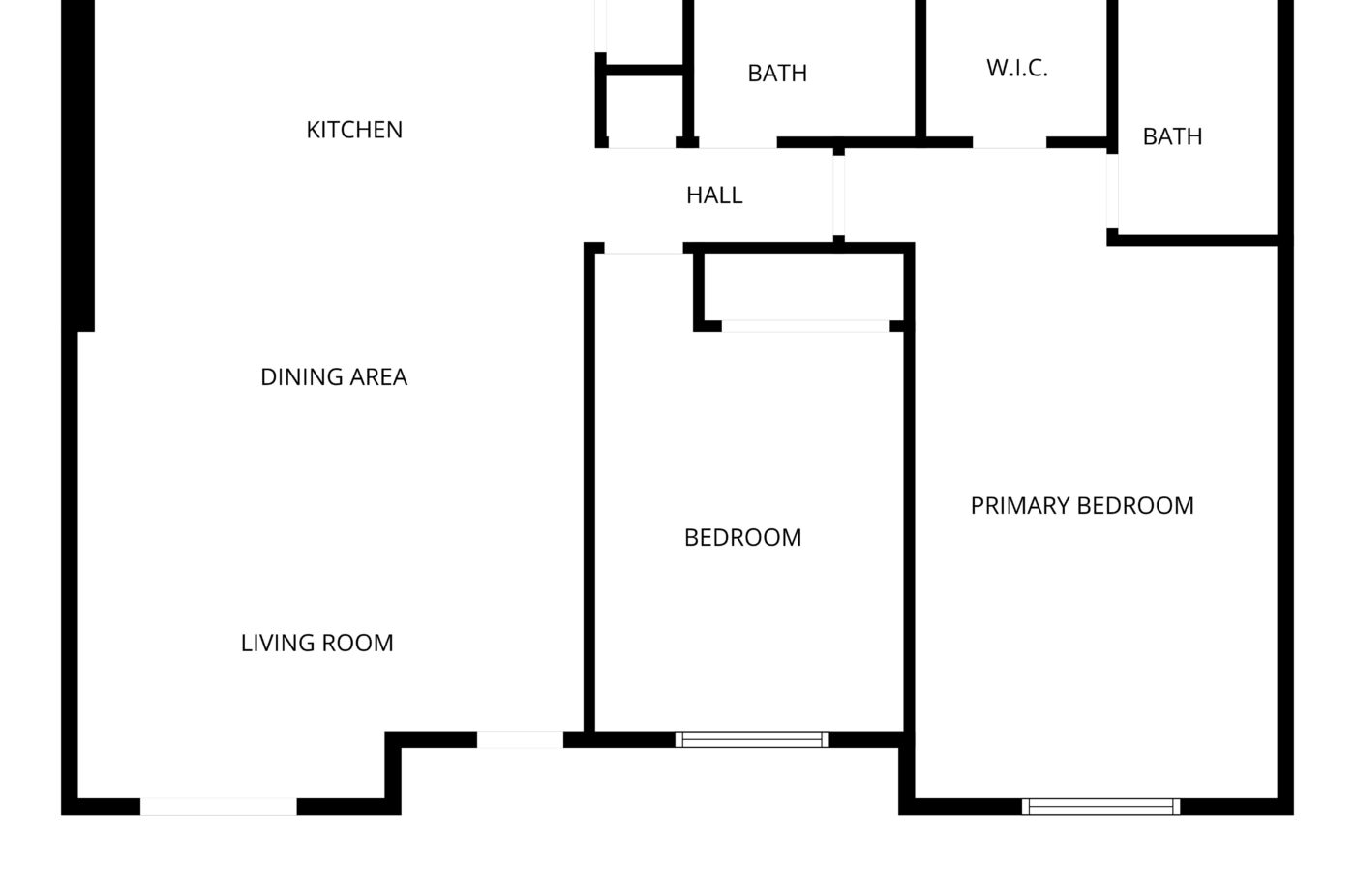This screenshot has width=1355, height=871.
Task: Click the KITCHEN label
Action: click(354, 130)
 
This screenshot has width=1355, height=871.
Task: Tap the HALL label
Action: click(714, 195)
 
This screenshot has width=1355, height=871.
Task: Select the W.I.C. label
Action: click(1017, 69)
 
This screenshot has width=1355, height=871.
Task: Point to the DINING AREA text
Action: click(334, 377)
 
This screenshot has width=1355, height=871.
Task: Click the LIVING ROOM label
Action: click(317, 643)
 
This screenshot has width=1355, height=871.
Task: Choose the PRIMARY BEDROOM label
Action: click(1082, 505)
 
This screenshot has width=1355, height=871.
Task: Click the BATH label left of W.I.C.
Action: click(777, 74)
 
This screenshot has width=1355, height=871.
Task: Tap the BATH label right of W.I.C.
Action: click(1172, 136)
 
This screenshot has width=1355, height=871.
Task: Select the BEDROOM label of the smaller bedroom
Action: click(743, 538)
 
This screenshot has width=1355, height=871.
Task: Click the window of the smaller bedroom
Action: click(752, 739)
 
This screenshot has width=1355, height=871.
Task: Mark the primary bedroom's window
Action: click(1101, 806)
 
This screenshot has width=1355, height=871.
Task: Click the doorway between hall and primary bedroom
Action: click(838, 195)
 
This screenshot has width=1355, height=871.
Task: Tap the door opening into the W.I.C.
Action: click(1009, 143)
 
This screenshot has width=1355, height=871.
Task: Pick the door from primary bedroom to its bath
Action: click(1112, 192)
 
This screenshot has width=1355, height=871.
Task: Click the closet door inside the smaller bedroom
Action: click(805, 326)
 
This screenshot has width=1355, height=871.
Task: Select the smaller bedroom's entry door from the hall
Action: click(644, 248)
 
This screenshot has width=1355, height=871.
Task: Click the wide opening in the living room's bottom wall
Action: click(219, 806)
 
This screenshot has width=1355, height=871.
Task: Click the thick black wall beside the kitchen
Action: click(78, 165)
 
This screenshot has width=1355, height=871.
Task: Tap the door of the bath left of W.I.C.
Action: click(738, 143)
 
